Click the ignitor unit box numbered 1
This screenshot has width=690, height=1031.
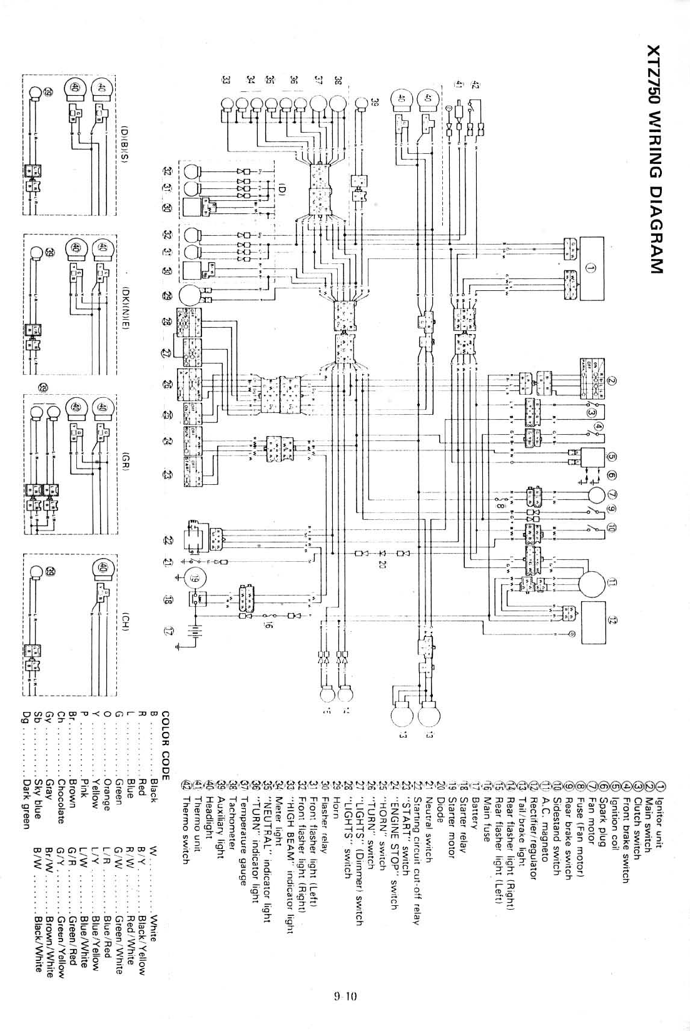point(592,270)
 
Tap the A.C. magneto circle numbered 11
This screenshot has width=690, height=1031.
point(591,583)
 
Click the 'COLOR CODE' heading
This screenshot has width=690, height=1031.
point(166,745)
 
